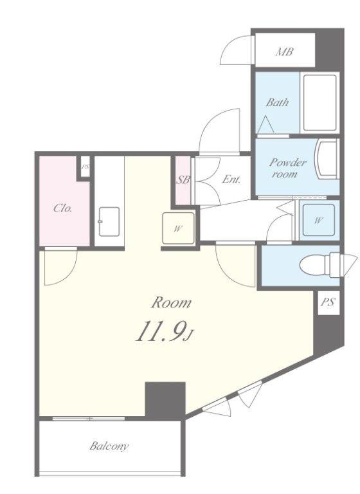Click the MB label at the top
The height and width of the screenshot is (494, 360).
click(x=284, y=51)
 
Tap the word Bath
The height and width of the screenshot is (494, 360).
click(x=277, y=102)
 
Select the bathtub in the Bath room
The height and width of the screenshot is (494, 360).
click(x=319, y=103)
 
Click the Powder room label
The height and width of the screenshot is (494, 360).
click(x=287, y=169)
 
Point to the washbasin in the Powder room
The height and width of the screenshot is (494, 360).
click(x=327, y=160)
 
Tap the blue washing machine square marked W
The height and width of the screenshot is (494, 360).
click(x=318, y=220)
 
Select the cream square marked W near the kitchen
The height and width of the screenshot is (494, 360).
click(x=178, y=228)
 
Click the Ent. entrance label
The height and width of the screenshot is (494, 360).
click(x=231, y=179)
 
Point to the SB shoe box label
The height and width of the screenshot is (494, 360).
click(x=183, y=180)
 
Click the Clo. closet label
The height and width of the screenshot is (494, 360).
click(x=62, y=208)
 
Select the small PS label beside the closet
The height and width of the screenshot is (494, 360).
click(x=85, y=167)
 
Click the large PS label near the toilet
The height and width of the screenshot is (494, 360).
click(x=328, y=302)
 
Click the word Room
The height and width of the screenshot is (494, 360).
click(x=172, y=303)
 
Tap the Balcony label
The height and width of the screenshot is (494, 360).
click(x=109, y=446)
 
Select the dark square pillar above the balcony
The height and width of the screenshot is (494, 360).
click(x=165, y=401)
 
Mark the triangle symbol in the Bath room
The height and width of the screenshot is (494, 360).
click(x=266, y=124)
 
